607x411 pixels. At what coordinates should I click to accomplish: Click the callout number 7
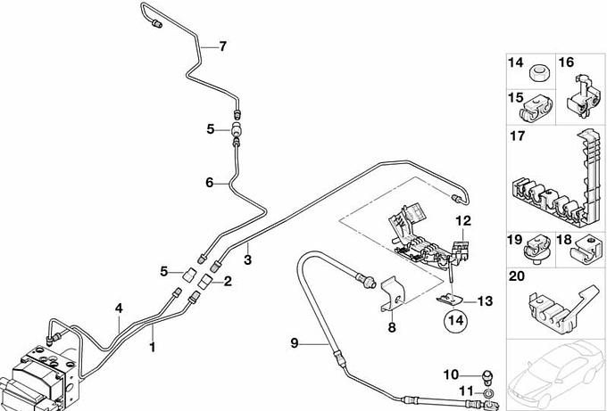[223, 45]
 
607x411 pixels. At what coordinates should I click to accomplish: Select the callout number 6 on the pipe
[210, 183]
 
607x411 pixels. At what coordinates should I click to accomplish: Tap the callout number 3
[248, 259]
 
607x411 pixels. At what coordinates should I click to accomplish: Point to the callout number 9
[294, 343]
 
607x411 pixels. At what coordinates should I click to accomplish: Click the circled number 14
[455, 318]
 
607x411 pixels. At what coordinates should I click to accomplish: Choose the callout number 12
[461, 220]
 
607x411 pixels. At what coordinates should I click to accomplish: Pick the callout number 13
[485, 300]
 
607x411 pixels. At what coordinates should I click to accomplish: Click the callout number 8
[391, 327]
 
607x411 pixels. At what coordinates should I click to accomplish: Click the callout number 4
[118, 309]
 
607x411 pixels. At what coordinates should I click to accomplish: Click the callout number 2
[227, 282]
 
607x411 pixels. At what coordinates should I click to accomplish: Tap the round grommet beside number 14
[540, 70]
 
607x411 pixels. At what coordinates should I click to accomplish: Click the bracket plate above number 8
[390, 293]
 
